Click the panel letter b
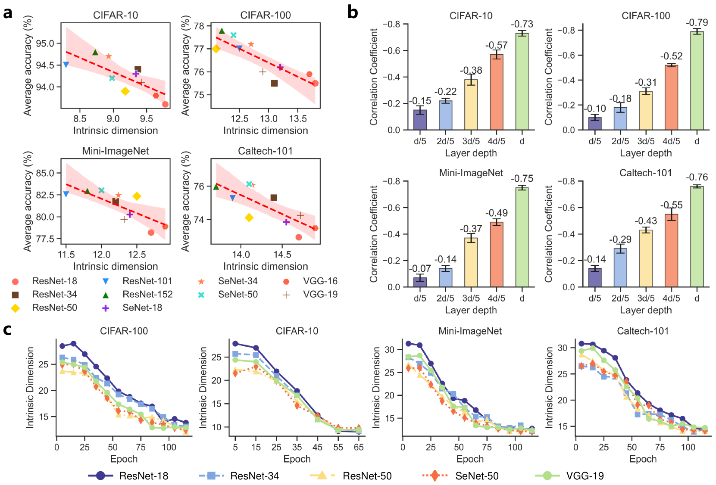[352, 12]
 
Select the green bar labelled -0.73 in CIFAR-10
[522, 81]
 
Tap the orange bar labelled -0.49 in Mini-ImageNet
[497, 254]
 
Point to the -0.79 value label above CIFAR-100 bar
[697, 22]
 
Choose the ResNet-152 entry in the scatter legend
[147, 294]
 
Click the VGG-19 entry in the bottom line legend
[585, 476]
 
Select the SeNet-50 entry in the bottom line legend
[477, 476]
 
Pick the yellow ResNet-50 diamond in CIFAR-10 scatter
[125, 91]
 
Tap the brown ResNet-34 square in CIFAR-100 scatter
[274, 83]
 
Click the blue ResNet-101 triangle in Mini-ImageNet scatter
[66, 194]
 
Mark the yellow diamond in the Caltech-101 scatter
[249, 218]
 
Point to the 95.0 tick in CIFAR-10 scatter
[45, 44]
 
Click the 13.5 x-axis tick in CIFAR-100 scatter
[297, 119]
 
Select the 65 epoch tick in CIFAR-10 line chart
[359, 448]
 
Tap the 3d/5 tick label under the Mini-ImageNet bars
[471, 298]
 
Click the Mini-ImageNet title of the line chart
[470, 331]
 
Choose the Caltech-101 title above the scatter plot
[265, 151]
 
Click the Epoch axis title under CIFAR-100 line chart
[124, 459]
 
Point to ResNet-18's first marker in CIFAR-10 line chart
[235, 344]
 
